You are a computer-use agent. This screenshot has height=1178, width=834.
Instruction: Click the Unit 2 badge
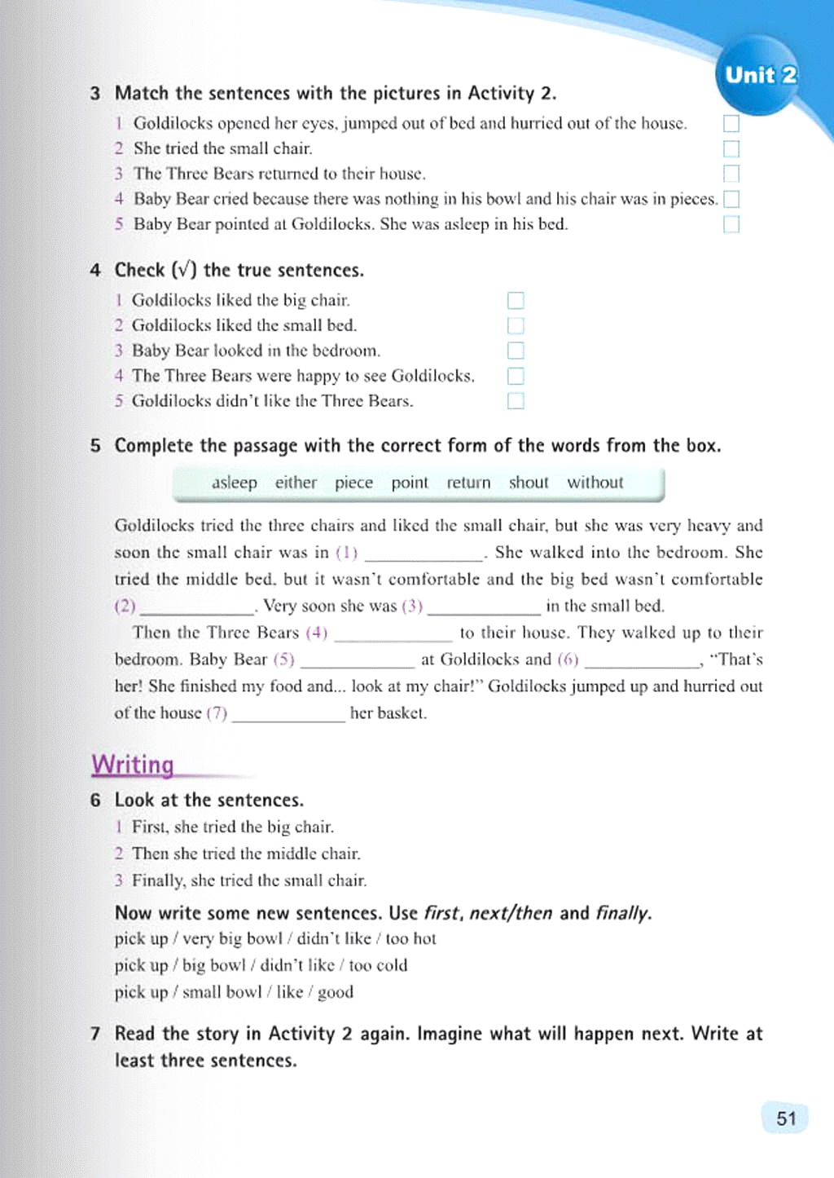tap(761, 75)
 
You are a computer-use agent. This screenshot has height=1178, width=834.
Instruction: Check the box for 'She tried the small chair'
tap(731, 149)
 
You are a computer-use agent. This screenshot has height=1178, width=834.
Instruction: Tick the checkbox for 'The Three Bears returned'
tap(731, 174)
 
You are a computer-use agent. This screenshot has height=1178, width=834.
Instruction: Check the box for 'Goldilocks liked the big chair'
tap(516, 301)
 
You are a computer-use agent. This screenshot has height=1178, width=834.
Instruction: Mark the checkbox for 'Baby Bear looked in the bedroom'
tap(516, 351)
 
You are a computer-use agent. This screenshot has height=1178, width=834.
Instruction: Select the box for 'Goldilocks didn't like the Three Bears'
tap(516, 401)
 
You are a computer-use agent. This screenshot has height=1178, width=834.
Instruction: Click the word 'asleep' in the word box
tap(235, 483)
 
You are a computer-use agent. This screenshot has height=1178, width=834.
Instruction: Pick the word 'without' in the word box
tap(595, 483)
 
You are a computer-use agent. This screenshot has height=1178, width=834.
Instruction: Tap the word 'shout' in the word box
tap(529, 483)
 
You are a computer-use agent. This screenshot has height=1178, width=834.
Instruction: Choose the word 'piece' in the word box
tap(353, 483)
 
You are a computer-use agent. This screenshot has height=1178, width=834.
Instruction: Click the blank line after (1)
tap(424, 554)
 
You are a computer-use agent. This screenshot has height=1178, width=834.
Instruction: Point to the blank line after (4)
tap(393, 634)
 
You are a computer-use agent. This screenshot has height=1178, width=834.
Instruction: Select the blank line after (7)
tap(288, 715)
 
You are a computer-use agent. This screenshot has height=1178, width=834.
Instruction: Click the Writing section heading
tap(133, 765)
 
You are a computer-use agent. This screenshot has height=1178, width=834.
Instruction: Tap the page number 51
tap(786, 1118)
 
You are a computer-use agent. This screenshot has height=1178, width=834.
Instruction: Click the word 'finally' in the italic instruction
tap(622, 913)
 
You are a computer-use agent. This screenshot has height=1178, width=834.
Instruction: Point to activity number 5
tap(96, 446)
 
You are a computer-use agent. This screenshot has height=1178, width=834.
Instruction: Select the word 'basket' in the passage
tap(401, 713)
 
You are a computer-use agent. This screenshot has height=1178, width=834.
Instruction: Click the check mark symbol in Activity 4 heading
tap(181, 271)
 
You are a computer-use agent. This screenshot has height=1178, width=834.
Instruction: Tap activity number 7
tap(96, 1034)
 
